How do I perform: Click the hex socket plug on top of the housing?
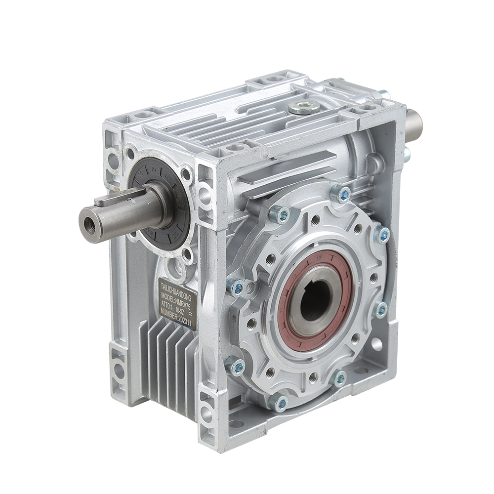tap(303, 106)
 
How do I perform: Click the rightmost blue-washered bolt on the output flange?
tap(382, 235)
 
